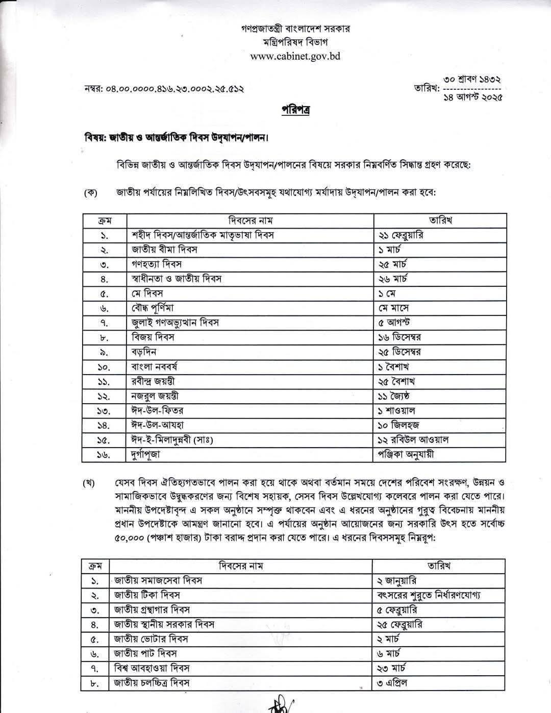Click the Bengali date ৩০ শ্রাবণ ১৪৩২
[x=472, y=80]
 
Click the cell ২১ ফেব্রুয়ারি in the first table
[x=400, y=235]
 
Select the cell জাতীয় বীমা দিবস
[x=164, y=250]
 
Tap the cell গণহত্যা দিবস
[x=157, y=264]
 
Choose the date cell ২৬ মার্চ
[x=392, y=279]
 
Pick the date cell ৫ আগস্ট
[x=394, y=323]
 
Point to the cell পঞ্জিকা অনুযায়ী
[x=406, y=454]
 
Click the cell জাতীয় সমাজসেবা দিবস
[x=158, y=580]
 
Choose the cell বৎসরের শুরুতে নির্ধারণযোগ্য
[x=429, y=595]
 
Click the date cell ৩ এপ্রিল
[x=392, y=683]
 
